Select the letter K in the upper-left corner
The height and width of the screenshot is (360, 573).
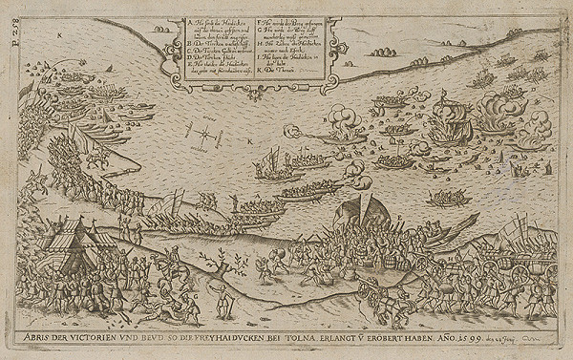click(x=58, y=34)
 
